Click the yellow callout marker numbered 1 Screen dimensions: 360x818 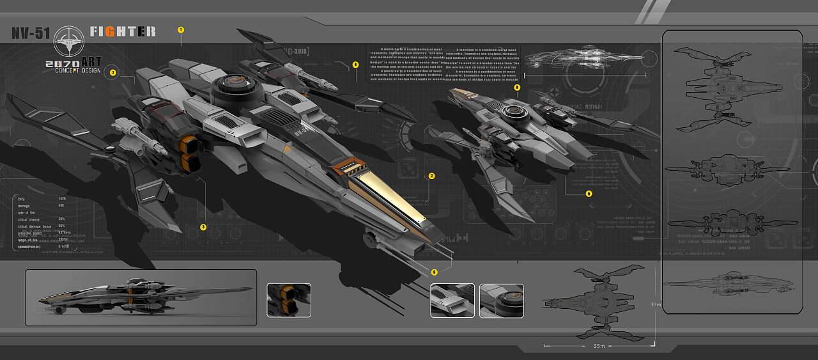pos(181,30)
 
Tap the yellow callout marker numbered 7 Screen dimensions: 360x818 pos(113,72)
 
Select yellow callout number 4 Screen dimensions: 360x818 pos(355,65)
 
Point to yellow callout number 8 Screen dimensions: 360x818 pos(517,87)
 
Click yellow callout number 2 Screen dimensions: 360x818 pos(431,176)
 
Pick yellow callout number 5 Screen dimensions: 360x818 pos(589,193)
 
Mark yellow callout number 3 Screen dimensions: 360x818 pos(203,226)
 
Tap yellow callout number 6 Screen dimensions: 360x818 pos(435,272)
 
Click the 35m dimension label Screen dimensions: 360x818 pos(599,347)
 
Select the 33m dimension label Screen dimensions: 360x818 pos(655,304)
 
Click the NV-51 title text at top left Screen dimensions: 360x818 pos(31,33)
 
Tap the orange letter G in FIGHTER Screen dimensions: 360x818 pos(110,31)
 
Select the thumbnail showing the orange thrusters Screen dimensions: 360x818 pos(289,300)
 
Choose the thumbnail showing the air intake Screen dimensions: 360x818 pos(452,301)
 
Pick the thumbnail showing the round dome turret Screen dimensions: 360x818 pos(501,301)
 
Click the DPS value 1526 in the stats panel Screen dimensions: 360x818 pos(62,199)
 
